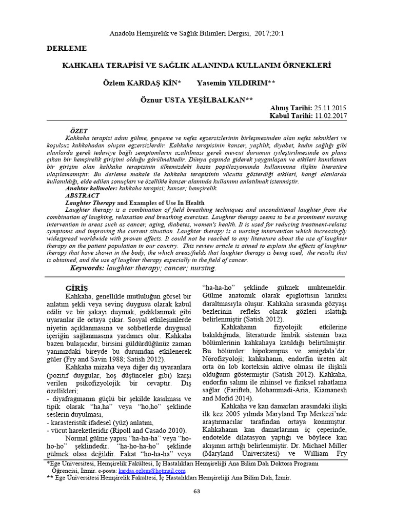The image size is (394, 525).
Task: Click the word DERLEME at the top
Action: coord(67,49)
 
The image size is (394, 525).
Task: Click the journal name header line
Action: coord(198,33)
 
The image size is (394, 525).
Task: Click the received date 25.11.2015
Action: coord(330,108)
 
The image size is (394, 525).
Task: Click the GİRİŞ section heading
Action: coord(77,288)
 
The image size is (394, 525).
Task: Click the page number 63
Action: coord(196,492)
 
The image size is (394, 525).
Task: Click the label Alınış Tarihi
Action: coord(290,108)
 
